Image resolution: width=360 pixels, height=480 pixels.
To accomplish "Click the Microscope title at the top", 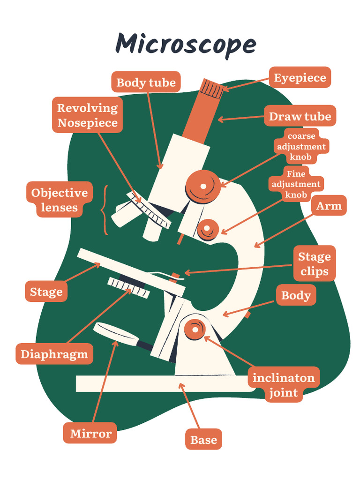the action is click(186, 45).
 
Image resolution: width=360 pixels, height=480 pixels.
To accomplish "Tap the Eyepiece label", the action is click(300, 78).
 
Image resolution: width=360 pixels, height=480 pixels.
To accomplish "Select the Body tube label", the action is click(146, 83).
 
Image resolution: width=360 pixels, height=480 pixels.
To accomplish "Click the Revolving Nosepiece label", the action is click(87, 115).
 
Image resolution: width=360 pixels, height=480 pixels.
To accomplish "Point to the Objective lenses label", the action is click(59, 200).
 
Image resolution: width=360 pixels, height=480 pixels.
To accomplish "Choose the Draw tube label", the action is click(300, 116).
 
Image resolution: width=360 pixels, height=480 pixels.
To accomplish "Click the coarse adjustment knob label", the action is click(301, 146).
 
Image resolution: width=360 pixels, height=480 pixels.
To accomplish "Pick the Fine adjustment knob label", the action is click(296, 184).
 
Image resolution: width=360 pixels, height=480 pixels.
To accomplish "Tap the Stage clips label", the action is click(315, 263).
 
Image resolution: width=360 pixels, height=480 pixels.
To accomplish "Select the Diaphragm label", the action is click(54, 354).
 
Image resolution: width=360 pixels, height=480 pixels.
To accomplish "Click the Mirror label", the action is click(90, 434).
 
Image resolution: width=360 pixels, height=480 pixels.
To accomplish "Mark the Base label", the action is click(203, 440).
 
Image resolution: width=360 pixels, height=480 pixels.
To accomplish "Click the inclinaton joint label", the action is click(284, 384).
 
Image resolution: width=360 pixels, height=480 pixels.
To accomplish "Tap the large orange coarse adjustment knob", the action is click(203, 187).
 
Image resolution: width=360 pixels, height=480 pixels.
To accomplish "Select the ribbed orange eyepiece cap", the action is click(212, 88).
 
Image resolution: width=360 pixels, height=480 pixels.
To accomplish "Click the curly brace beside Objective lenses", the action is click(105, 210).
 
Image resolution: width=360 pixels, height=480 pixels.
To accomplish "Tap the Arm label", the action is click(329, 206).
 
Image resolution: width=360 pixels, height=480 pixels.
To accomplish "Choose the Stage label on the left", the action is click(46, 292).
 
